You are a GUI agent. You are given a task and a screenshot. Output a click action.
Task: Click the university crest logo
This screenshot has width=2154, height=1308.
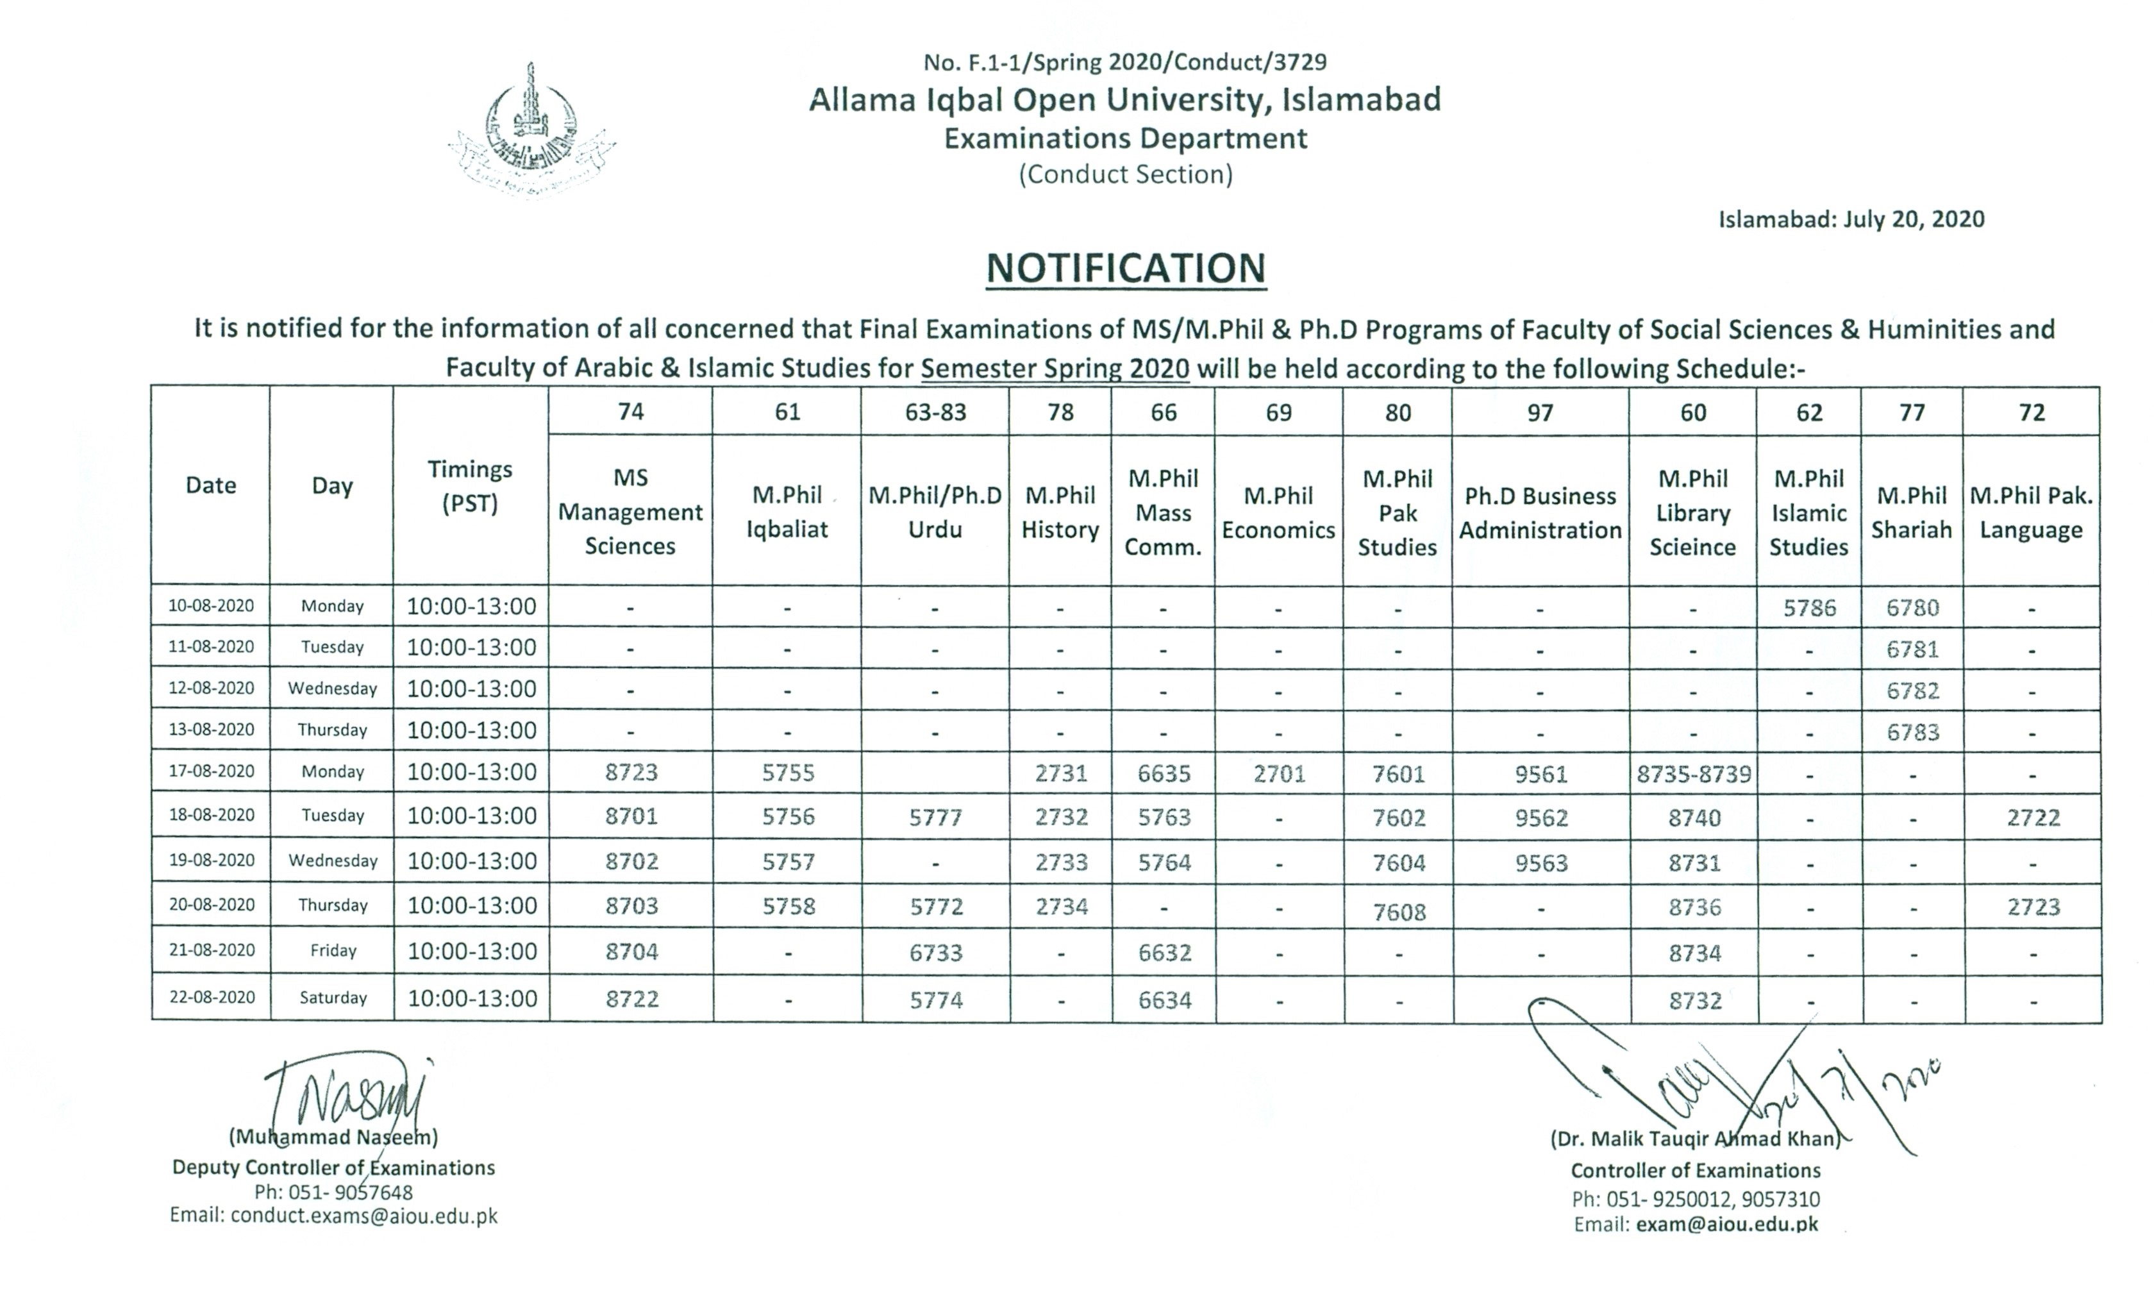coord(531,131)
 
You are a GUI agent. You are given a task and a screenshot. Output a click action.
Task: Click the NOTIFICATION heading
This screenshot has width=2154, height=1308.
coord(1125,269)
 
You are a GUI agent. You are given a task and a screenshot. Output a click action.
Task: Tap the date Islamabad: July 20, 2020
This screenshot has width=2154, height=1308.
coord(1851,219)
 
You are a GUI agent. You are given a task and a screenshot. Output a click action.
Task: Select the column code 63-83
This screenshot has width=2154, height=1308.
coord(935,412)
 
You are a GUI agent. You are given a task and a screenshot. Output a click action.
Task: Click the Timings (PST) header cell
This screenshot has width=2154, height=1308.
coord(471,486)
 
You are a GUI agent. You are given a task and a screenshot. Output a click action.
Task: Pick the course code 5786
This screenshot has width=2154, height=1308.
coord(1808,608)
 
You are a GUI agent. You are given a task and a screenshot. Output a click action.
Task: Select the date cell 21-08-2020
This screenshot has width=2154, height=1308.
coord(212,950)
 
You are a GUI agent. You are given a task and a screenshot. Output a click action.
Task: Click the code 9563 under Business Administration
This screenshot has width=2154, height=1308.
coord(1540,863)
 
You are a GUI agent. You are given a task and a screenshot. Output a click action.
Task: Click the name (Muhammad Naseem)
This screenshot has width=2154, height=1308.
coord(333,1137)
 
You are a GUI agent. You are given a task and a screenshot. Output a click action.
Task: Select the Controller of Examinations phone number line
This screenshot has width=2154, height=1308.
coord(1695,1199)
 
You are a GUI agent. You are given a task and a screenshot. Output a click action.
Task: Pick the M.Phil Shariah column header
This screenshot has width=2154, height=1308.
coord(1911,512)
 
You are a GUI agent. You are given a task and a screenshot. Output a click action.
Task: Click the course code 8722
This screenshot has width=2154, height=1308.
coord(631,998)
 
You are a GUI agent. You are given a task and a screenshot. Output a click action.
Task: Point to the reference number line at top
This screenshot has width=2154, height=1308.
coord(1124,62)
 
